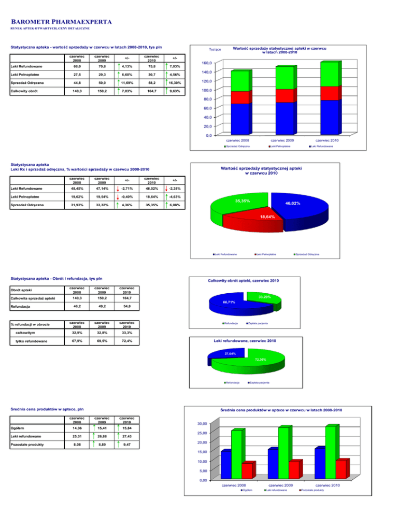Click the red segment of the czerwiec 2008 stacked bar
click(x=240, y=97)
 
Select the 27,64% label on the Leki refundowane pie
click(x=231, y=354)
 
